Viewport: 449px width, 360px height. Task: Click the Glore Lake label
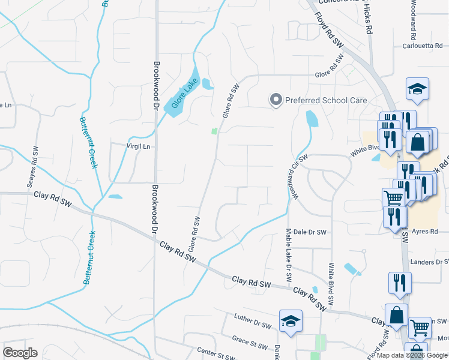[x=184, y=95]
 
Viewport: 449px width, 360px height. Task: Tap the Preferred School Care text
[x=325, y=100]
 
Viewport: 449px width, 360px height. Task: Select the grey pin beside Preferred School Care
[x=276, y=100]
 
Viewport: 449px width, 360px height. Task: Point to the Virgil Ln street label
[x=137, y=146]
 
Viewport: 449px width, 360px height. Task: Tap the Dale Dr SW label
[x=309, y=232]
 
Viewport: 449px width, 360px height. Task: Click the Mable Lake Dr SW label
[x=289, y=255]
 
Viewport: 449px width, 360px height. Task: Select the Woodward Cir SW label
[x=295, y=178]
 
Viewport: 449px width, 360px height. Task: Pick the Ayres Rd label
[x=426, y=231]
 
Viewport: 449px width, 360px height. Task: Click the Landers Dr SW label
[x=429, y=262]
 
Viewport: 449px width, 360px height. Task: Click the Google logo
[x=20, y=353]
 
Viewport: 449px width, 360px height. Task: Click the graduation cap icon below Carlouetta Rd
[x=417, y=90]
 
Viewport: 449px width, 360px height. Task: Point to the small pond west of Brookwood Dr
[x=115, y=197]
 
